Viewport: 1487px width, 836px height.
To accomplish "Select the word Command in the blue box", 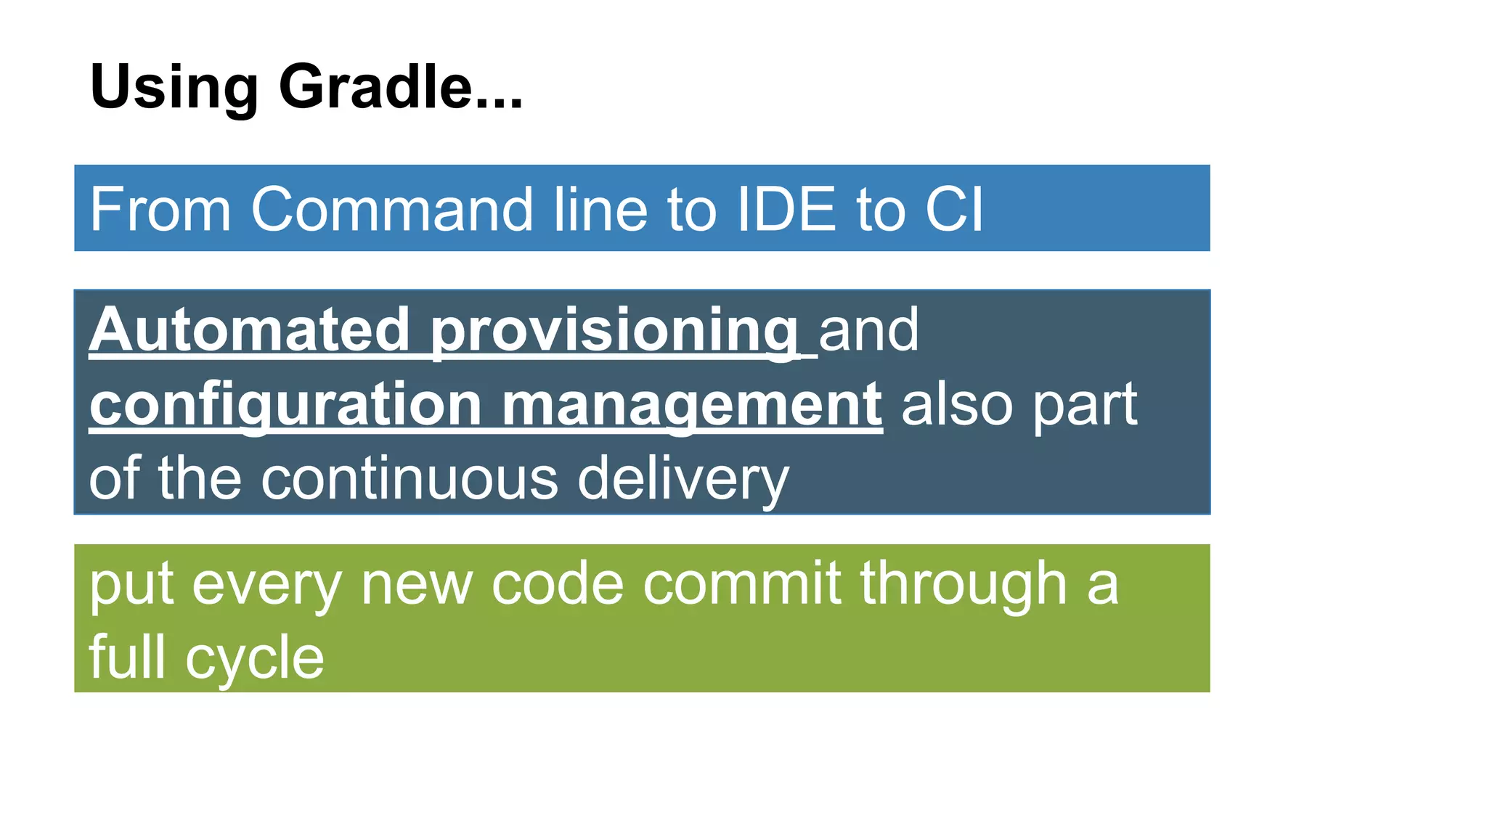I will pyautogui.click(x=392, y=210).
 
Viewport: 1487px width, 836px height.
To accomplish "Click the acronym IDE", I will pyautogui.click(x=786, y=210).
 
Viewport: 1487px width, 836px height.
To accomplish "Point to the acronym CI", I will pyautogui.click(x=954, y=210).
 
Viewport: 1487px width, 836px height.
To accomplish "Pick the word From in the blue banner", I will pyautogui.click(x=160, y=210).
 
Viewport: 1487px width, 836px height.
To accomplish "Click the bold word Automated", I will pyautogui.click(x=249, y=330).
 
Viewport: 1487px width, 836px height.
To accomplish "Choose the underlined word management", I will pyautogui.click(x=692, y=406).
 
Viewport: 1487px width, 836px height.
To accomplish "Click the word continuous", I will pyautogui.click(x=410, y=479).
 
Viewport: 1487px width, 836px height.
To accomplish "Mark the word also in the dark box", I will pyautogui.click(x=957, y=404).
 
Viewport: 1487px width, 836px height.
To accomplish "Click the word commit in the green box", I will pyautogui.click(x=742, y=583).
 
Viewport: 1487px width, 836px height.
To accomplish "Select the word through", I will pyautogui.click(x=964, y=585).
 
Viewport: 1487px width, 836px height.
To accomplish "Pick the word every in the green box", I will pyautogui.click(x=266, y=585).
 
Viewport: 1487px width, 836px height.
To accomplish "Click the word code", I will pyautogui.click(x=558, y=583).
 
